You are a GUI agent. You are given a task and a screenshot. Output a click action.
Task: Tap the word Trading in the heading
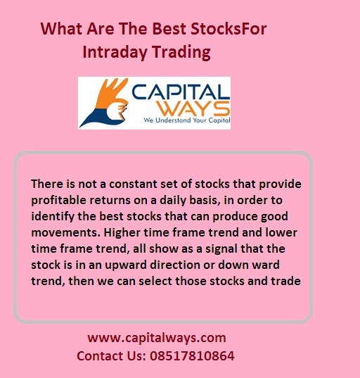pyautogui.click(x=179, y=52)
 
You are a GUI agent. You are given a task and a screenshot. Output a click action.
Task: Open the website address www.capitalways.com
pyautogui.click(x=157, y=338)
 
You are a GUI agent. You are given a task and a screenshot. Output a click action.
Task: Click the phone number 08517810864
pyautogui.click(x=191, y=355)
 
